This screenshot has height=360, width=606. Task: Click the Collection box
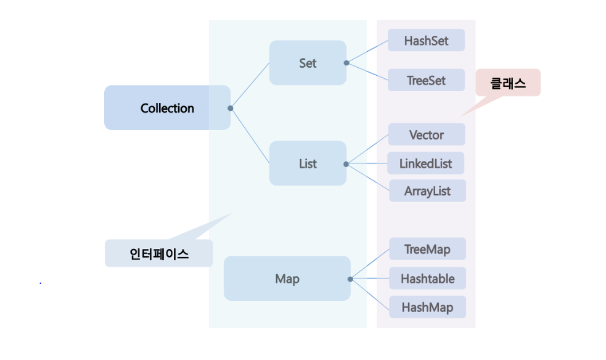167,108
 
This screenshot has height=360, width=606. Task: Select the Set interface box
308,63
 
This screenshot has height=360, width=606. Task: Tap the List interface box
308,163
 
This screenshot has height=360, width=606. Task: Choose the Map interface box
287,279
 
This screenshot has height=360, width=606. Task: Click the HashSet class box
426,41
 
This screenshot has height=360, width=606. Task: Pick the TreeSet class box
426,80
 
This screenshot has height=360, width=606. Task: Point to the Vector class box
426,134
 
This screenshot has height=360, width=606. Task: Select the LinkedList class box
425,163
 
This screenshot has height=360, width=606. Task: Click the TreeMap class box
427,250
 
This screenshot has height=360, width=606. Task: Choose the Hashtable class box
427,279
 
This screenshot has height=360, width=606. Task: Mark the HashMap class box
427,307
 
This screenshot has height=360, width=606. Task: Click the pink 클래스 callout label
508,83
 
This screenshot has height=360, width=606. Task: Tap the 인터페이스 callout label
159,253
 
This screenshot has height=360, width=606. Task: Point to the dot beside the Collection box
231,108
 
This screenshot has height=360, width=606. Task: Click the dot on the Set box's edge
346,63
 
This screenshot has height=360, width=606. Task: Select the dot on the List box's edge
346,164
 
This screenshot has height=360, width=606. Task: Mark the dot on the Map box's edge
350,279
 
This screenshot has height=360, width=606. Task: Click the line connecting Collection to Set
250,86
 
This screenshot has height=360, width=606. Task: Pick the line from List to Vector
367,149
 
